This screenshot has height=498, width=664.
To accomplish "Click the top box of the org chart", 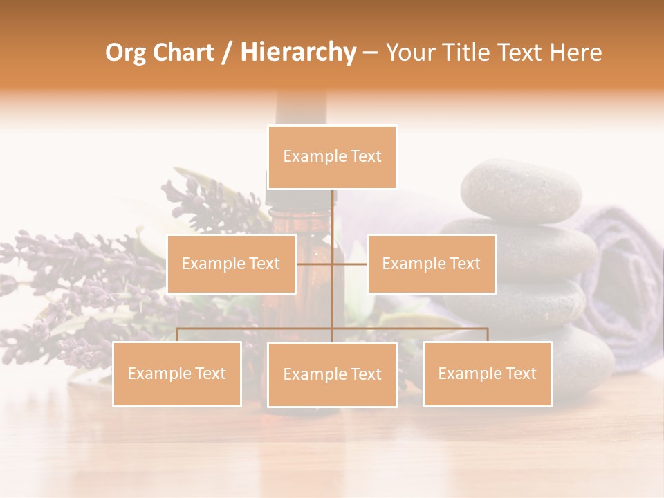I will pyautogui.click(x=332, y=157).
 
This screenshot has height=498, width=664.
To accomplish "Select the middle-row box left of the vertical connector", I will pyautogui.click(x=231, y=264).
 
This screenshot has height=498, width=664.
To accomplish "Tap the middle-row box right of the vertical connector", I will pyautogui.click(x=431, y=264).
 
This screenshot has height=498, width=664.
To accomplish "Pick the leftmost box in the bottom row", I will pyautogui.click(x=177, y=373).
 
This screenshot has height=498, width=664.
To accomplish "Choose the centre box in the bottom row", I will pyautogui.click(x=332, y=374).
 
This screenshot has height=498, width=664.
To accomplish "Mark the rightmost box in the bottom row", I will pyautogui.click(x=487, y=373).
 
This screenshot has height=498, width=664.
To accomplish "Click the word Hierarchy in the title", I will pyautogui.click(x=297, y=53).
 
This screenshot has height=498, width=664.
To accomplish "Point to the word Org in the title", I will pyautogui.click(x=125, y=53).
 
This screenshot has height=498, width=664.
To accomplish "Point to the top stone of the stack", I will pyautogui.click(x=521, y=190).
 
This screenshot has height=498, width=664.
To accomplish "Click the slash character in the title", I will pyautogui.click(x=226, y=53).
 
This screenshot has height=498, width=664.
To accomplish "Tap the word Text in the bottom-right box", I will pyautogui.click(x=520, y=373).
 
